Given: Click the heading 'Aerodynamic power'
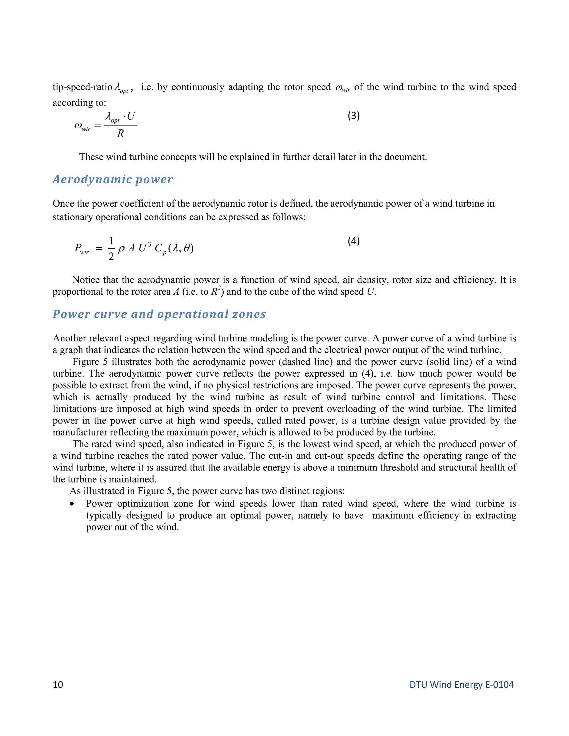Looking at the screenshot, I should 113,179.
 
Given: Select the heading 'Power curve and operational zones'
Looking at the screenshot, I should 159,314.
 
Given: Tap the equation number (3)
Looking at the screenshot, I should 354,116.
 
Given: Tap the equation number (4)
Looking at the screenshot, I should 354,241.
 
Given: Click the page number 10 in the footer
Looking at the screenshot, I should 58,684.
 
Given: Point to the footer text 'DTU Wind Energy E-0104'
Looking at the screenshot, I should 461,684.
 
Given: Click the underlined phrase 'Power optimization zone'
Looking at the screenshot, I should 139,504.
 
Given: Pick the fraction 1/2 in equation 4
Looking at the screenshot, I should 111,248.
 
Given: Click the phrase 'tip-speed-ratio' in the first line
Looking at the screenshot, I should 82,87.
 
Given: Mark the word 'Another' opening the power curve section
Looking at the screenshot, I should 69,338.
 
